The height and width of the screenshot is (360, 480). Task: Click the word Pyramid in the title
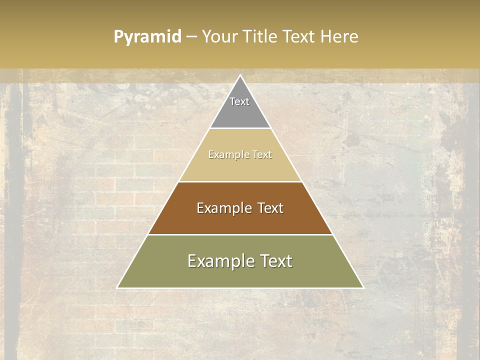[x=147, y=37]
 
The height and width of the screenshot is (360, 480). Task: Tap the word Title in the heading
[x=260, y=36]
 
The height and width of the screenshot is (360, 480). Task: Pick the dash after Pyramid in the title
[x=191, y=37]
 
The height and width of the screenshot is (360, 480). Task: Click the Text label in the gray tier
[x=239, y=101]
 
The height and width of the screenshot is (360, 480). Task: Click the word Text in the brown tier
[x=270, y=208]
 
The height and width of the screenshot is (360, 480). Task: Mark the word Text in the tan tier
[x=262, y=154]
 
